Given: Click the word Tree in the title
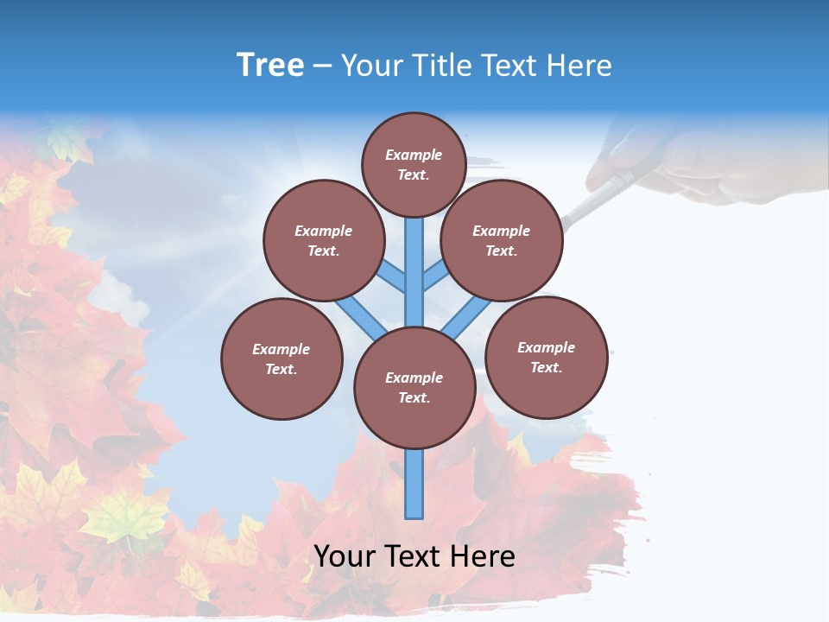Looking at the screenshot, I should [270, 65].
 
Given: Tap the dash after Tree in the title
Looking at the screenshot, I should [322, 67].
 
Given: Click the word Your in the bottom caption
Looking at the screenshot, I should [345, 556].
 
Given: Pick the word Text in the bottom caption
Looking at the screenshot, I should [414, 556].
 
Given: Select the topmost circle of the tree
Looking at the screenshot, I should [414, 164].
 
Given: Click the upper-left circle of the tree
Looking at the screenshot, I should [323, 240].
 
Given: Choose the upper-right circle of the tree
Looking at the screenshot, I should [501, 240].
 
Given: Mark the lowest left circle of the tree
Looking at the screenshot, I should [282, 359].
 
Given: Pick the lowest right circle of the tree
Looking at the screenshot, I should [546, 357].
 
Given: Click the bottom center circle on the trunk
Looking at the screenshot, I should [414, 388].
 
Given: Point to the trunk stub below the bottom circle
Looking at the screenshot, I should [414, 484].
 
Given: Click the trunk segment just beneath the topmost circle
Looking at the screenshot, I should [414, 259].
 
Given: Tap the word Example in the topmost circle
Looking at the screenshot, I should [414, 155].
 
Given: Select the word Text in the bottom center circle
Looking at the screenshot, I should [414, 398].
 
